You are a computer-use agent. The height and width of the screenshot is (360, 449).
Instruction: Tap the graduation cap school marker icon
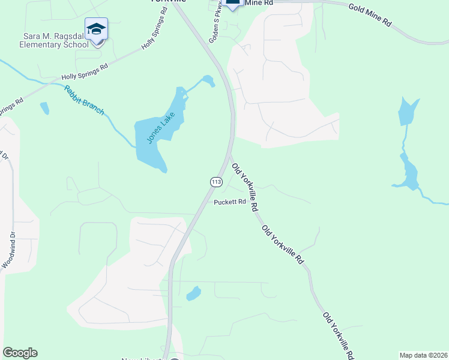96,30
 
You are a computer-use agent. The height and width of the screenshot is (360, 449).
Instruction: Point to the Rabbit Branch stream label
84,100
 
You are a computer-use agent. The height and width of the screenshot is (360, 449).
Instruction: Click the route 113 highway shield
216,181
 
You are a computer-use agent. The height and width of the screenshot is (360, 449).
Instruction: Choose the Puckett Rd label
231,202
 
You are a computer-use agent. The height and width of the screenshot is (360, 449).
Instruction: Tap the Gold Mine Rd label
370,14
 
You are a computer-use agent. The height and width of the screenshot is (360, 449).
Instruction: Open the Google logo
20,353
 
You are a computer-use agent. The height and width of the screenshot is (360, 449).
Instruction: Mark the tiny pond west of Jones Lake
44,109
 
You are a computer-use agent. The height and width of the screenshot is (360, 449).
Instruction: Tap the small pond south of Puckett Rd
193,293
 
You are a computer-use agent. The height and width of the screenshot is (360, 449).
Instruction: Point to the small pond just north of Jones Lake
207,80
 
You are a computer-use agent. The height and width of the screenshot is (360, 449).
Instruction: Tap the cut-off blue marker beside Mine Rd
233,4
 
